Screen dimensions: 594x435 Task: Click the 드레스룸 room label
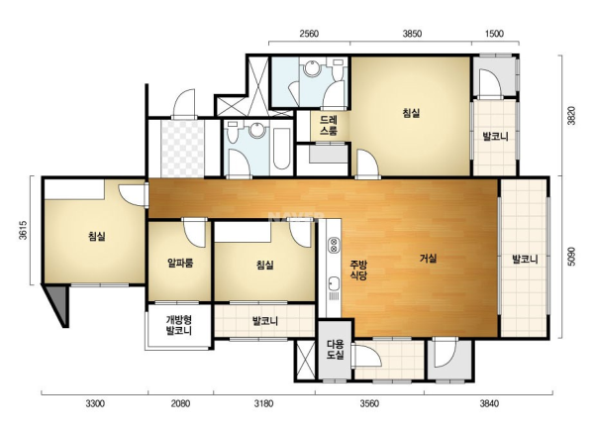(x=329, y=126)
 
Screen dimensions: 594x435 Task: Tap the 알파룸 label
(x=180, y=263)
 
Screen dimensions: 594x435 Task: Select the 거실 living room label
(x=429, y=259)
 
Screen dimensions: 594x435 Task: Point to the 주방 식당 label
(x=358, y=270)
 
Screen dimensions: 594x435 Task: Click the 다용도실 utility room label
(x=336, y=350)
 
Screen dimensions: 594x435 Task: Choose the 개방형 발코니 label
(x=179, y=325)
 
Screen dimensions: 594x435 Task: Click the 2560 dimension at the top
(x=309, y=34)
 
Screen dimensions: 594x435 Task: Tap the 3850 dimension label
(x=412, y=34)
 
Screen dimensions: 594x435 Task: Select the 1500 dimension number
(x=494, y=34)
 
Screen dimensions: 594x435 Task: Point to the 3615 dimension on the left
(x=24, y=230)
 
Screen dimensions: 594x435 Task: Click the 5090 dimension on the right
(x=571, y=257)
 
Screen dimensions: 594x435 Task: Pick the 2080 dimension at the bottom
(x=180, y=403)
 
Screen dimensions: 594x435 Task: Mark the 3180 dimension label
(x=263, y=403)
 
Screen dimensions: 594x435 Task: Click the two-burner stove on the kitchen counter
(x=334, y=245)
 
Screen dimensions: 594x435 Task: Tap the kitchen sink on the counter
(x=334, y=283)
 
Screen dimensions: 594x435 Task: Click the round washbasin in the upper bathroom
(x=313, y=68)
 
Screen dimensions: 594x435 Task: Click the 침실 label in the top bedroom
(x=411, y=113)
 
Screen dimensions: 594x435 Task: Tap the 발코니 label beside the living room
(x=525, y=260)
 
